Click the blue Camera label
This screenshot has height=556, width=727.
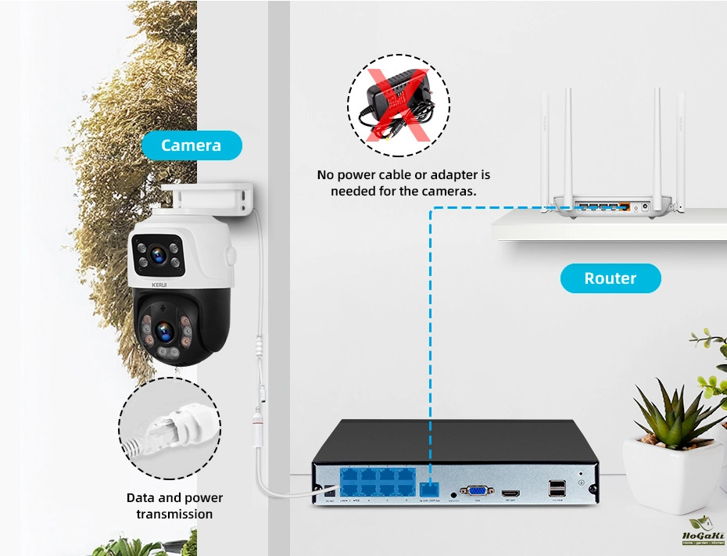coord(192,145)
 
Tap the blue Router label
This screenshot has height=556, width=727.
coord(610,278)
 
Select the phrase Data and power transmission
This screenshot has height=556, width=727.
coord(174,506)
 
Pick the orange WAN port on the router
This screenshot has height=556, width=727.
coord(624,207)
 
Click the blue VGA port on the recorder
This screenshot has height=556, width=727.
coord(476,491)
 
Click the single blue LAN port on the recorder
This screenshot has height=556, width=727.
coord(430,489)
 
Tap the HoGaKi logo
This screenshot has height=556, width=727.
coord(701,536)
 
